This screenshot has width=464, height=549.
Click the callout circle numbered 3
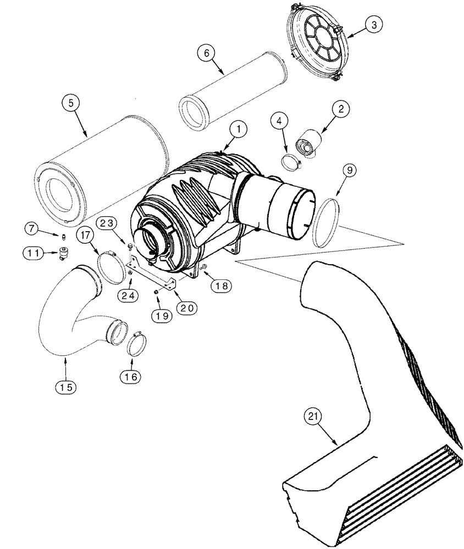373,25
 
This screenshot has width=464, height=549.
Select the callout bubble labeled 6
205,53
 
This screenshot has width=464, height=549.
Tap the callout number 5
70,103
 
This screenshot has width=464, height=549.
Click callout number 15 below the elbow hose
65,386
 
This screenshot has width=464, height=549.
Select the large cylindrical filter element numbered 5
99,170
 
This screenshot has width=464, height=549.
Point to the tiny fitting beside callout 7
63,237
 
